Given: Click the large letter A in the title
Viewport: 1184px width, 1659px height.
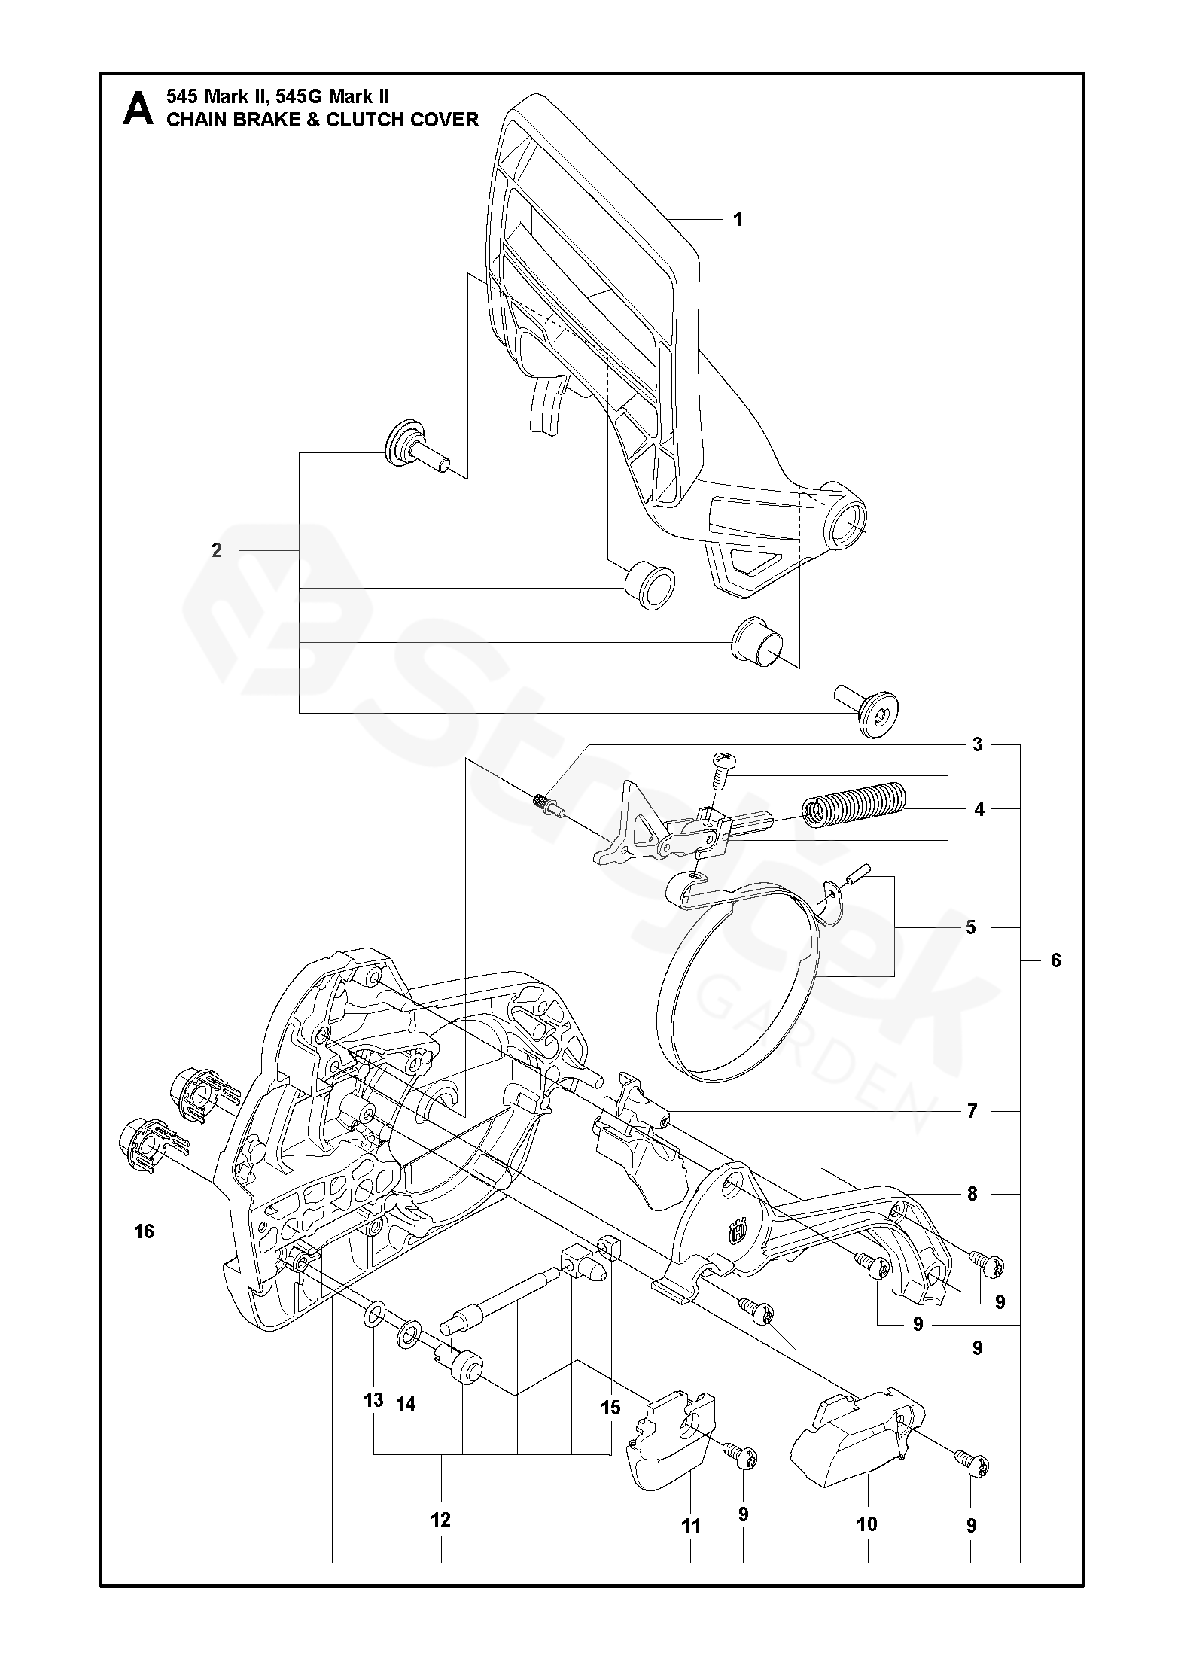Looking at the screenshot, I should [138, 109].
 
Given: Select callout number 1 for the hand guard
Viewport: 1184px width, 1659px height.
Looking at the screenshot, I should [738, 219].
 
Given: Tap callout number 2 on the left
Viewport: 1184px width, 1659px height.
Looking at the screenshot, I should [217, 550].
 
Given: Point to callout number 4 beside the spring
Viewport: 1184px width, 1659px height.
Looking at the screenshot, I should [979, 809].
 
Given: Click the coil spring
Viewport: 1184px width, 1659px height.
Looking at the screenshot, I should [854, 805].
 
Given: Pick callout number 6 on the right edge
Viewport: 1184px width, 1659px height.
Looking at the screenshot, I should [1055, 960].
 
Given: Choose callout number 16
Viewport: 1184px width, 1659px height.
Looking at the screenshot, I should [144, 1231].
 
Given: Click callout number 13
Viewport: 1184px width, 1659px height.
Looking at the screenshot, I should [373, 1400].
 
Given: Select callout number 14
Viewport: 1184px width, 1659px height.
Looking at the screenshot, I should [406, 1404].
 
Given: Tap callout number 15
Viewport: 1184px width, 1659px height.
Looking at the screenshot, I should [610, 1407].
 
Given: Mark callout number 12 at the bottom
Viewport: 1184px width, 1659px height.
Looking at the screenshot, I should [440, 1520].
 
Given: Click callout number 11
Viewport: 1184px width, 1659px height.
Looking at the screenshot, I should [690, 1526].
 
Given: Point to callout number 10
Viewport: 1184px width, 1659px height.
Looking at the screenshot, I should [867, 1524].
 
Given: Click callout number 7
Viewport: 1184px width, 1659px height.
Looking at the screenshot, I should [972, 1111].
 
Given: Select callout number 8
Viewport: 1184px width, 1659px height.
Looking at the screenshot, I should [972, 1194].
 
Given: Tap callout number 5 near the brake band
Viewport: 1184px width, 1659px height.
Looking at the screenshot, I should [970, 927].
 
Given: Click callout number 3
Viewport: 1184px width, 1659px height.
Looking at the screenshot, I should [977, 745].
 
